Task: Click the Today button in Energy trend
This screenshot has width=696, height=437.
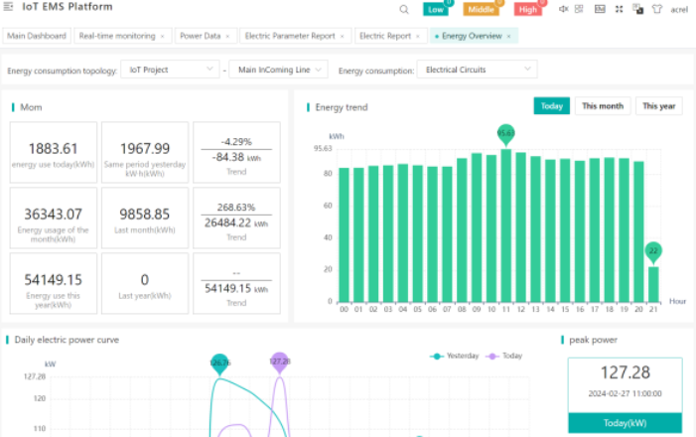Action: click(x=551, y=106)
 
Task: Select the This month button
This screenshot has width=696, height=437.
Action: click(x=603, y=106)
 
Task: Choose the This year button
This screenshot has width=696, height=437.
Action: click(x=658, y=106)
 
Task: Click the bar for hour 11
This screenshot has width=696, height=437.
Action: click(x=506, y=225)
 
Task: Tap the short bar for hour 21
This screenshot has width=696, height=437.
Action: click(x=652, y=284)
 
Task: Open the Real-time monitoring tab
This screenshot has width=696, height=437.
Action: click(x=117, y=36)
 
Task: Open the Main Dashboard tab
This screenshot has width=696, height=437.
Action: click(x=37, y=36)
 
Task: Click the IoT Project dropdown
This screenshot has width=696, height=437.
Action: click(x=169, y=71)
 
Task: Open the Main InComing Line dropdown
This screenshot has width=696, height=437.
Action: click(x=281, y=71)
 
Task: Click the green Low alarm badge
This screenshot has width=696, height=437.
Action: click(x=435, y=9)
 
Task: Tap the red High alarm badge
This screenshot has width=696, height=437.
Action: click(x=528, y=9)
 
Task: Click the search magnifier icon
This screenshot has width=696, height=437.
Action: click(x=404, y=9)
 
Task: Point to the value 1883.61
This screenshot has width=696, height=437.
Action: click(x=54, y=148)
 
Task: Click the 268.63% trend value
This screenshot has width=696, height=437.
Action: click(x=236, y=208)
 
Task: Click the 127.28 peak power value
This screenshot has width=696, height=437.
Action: click(x=626, y=373)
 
